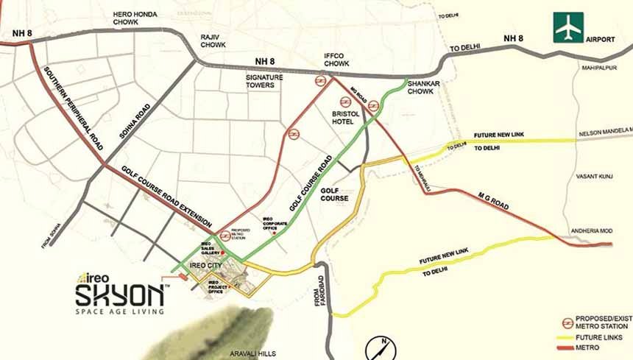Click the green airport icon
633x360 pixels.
[x=569, y=28]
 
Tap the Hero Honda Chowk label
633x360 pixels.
[x=137, y=18]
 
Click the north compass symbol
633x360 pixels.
[x=381, y=347]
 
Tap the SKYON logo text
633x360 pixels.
[x=119, y=295]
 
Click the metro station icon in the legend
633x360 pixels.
[x=567, y=322]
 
